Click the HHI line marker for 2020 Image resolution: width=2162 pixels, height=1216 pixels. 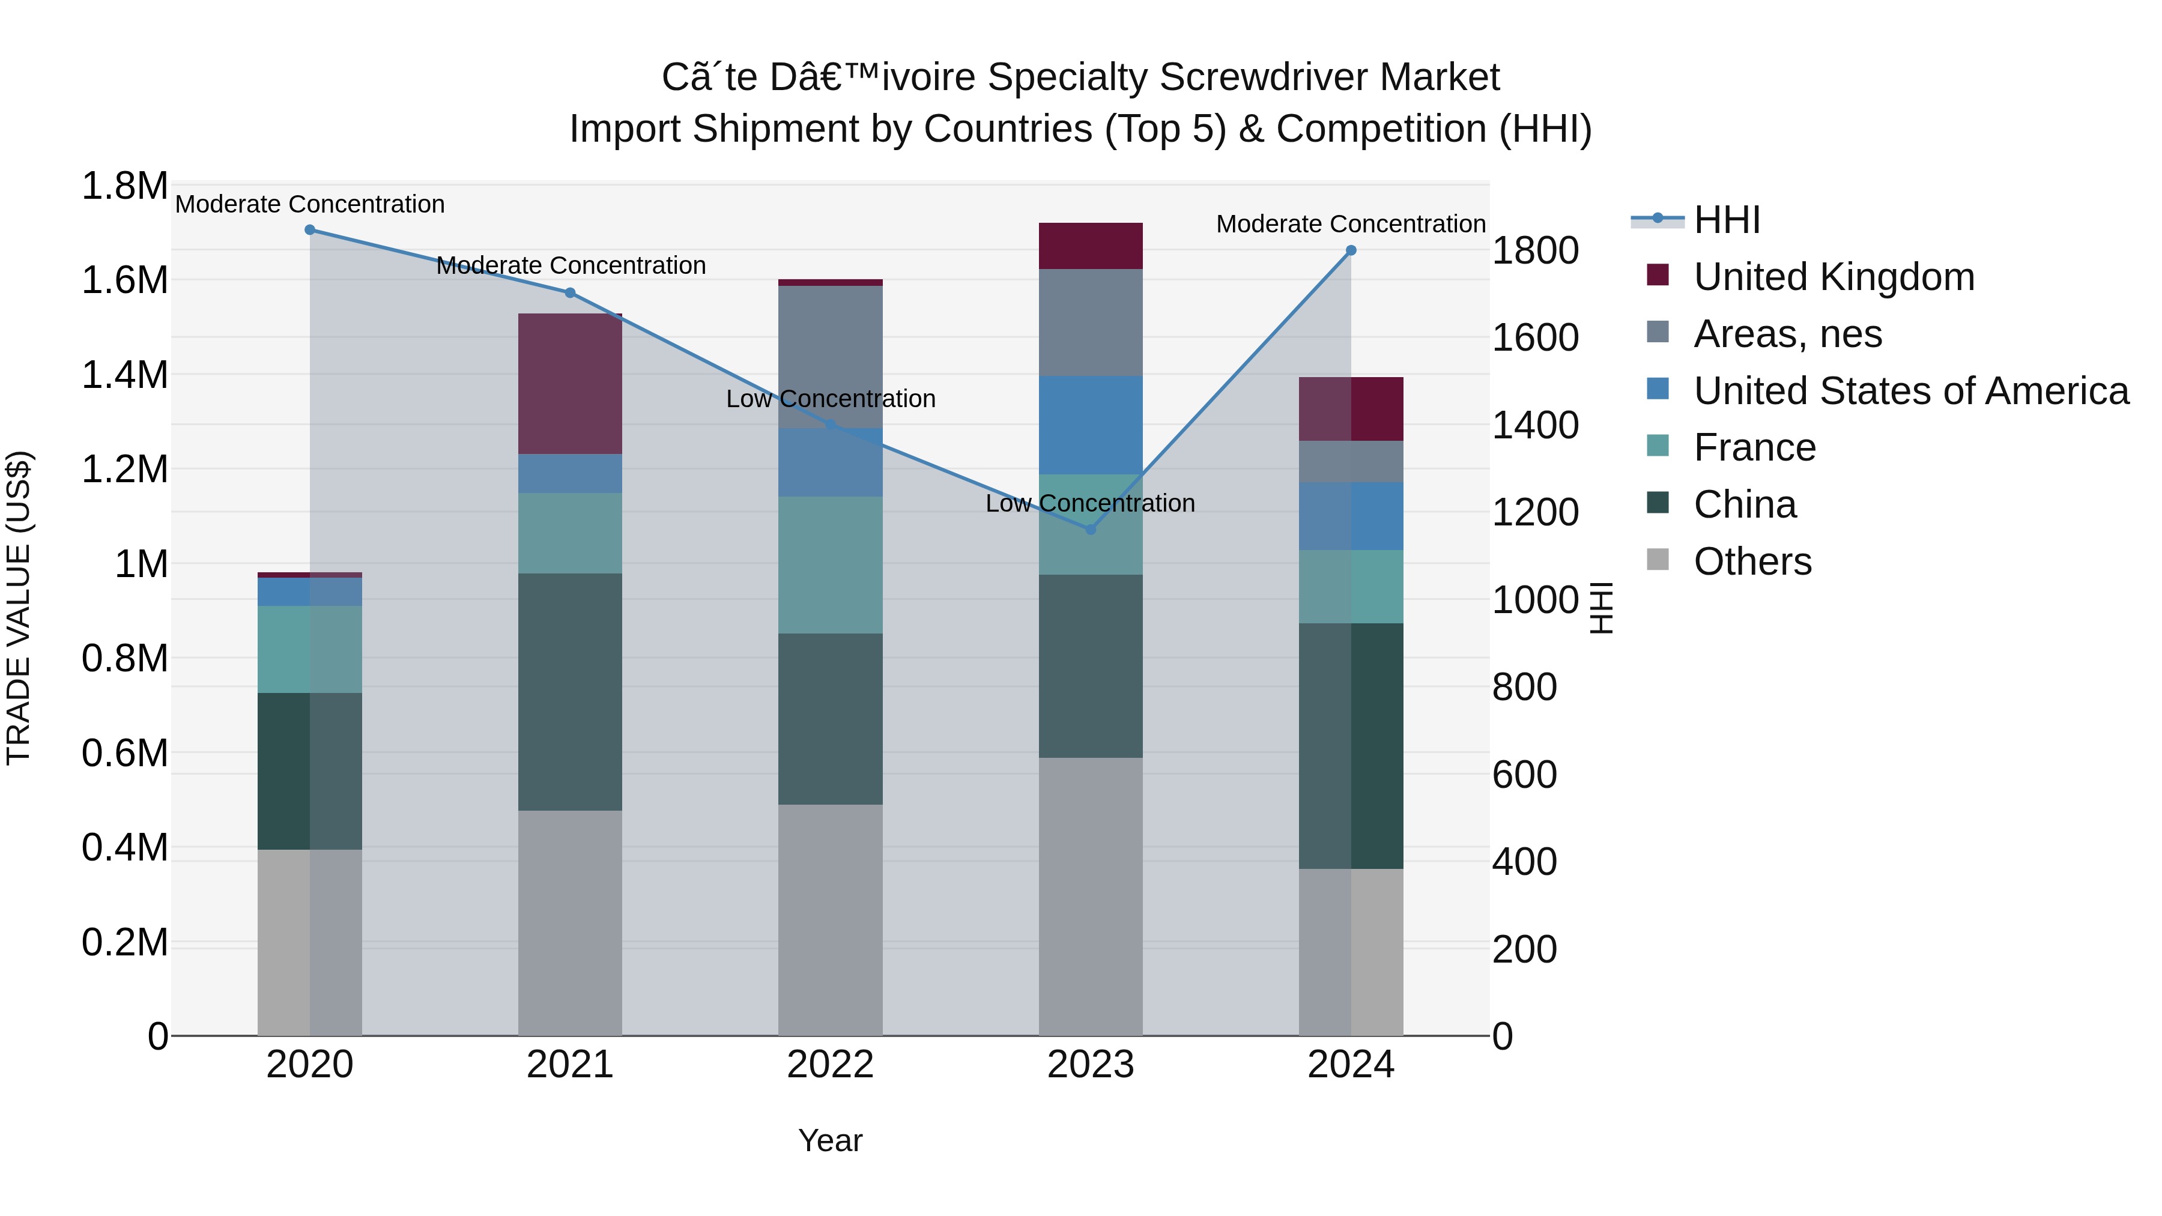pyautogui.click(x=310, y=230)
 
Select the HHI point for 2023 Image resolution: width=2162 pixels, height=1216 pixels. pyautogui.click(x=1090, y=530)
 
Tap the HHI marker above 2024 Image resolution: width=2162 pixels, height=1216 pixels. pyautogui.click(x=1351, y=250)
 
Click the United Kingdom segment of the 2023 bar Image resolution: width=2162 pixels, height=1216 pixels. pyautogui.click(x=1090, y=246)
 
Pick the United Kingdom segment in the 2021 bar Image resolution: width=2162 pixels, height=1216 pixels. pyautogui.click(x=570, y=384)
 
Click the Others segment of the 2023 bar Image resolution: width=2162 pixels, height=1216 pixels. pyautogui.click(x=1090, y=897)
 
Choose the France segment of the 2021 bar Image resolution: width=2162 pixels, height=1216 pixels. pyautogui.click(x=570, y=533)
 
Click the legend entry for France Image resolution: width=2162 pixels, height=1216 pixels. pyautogui.click(x=1754, y=447)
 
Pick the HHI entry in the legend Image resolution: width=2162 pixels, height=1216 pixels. pyautogui.click(x=1727, y=220)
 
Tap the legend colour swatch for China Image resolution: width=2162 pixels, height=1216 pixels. pyautogui.click(x=1658, y=504)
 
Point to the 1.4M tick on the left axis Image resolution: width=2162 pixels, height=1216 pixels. pyautogui.click(x=125, y=375)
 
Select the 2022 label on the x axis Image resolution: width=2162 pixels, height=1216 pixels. pyautogui.click(x=830, y=1065)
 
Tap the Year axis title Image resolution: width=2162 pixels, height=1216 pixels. pyautogui.click(x=830, y=1140)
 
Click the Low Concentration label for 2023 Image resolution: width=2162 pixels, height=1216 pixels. pyautogui.click(x=1089, y=504)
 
